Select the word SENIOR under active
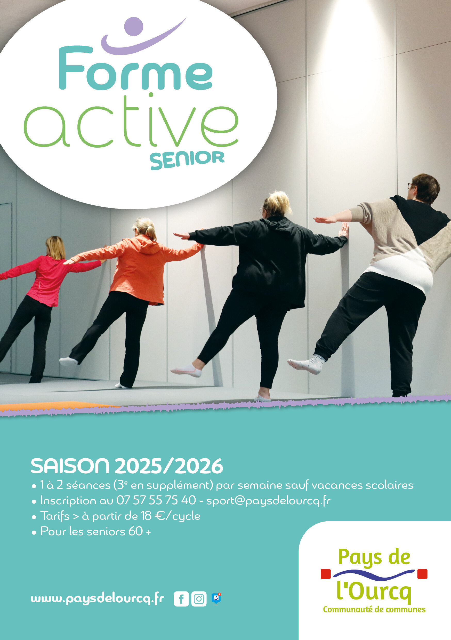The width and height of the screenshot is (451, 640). point(187,160)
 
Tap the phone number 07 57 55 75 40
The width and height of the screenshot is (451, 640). point(156,500)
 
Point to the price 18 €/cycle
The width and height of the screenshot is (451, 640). point(171,516)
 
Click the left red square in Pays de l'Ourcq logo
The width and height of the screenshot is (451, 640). point(326,574)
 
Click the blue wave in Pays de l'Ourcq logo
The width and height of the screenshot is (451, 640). point(374,574)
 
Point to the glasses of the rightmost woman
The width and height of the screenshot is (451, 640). point(410,186)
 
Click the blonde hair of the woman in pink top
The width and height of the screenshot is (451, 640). point(56,247)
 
